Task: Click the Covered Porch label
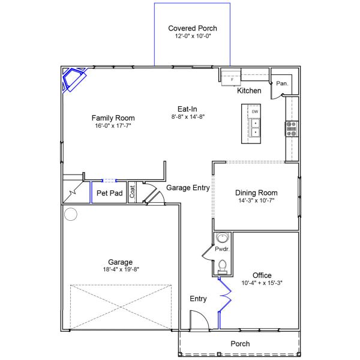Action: [193, 28]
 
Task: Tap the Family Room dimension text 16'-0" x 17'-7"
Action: [113, 127]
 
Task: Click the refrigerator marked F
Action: [232, 77]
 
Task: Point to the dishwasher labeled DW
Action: [255, 112]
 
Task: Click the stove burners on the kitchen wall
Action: [291, 127]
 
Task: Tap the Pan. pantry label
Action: [282, 84]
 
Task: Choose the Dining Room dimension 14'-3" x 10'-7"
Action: [256, 201]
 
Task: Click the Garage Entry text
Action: [188, 187]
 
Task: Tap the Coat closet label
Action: [133, 193]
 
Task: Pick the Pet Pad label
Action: [110, 193]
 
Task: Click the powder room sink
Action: [223, 238]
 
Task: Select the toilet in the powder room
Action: [223, 265]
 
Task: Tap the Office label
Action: [262, 275]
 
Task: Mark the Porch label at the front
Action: [240, 344]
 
